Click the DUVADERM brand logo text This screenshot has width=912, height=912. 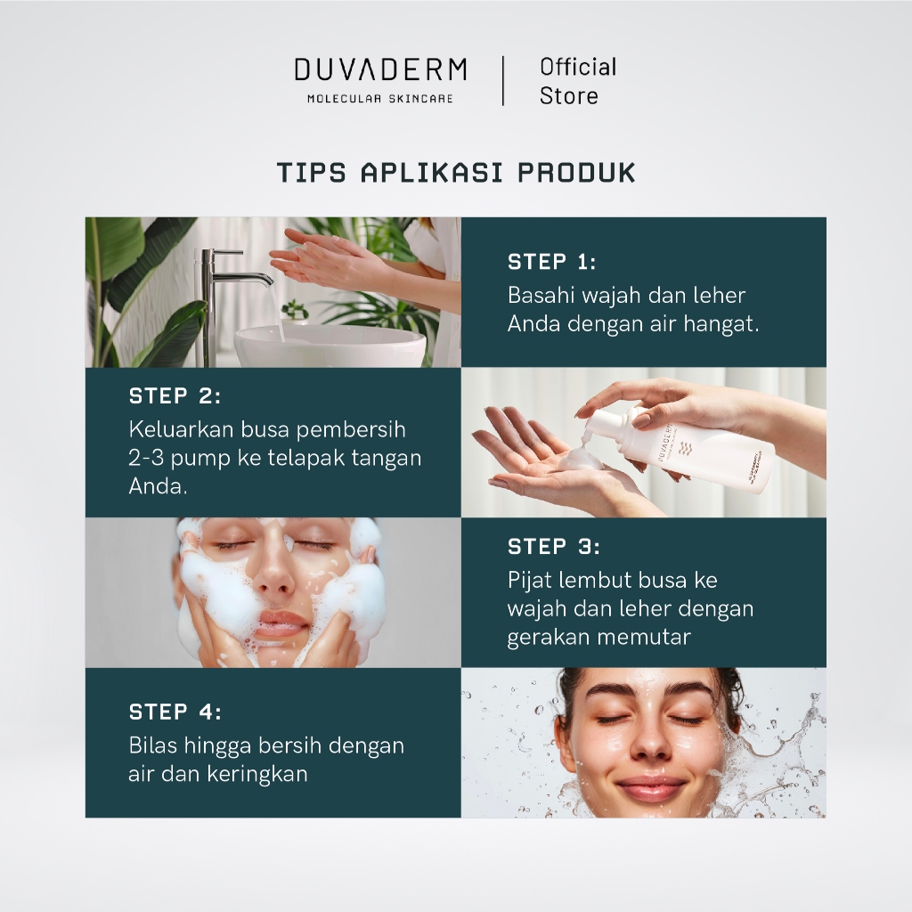(x=380, y=69)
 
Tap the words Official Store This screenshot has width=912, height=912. (x=577, y=81)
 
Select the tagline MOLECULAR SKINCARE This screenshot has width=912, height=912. (x=380, y=99)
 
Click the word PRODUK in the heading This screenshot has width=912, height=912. (x=576, y=173)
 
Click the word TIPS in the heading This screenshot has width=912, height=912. (x=311, y=173)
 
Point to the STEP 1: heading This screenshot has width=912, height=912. (x=551, y=262)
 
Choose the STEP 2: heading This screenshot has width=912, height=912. (x=175, y=396)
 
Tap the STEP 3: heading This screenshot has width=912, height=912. (x=553, y=546)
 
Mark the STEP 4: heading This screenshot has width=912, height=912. (x=175, y=712)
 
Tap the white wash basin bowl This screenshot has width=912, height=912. (x=330, y=346)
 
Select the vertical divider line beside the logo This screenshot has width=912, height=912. (x=503, y=81)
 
